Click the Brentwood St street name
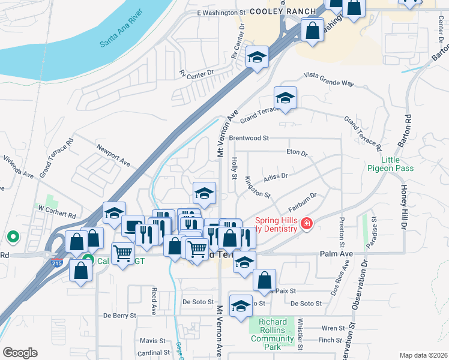pyautogui.click(x=249, y=138)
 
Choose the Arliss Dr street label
pyautogui.click(x=276, y=176)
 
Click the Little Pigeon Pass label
pyautogui.click(x=390, y=164)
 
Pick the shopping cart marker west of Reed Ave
pyautogui.click(x=122, y=254)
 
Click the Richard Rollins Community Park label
pyautogui.click(x=272, y=334)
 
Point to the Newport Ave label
pyautogui.click(x=114, y=154)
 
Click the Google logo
pyautogui.click(x=20, y=353)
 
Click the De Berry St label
pyautogui.click(x=120, y=315)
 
